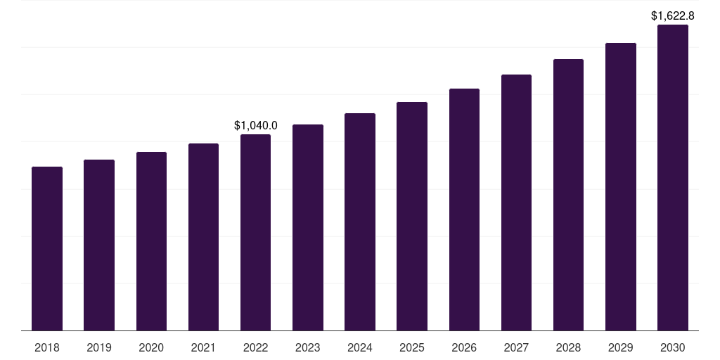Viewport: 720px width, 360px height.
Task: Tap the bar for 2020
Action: point(151,241)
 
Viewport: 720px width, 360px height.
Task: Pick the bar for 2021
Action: point(203,237)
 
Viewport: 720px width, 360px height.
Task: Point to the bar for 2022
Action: point(255,232)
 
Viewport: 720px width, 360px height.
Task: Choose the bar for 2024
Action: point(360,221)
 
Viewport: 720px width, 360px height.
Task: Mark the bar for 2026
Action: point(464,210)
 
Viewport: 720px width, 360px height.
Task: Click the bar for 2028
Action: point(568,195)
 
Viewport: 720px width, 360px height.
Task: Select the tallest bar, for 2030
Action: point(672,177)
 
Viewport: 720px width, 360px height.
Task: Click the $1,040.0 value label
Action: point(255,126)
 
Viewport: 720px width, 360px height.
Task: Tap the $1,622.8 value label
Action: point(673,15)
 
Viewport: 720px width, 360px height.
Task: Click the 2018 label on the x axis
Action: point(47,347)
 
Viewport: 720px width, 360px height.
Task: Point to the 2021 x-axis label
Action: point(203,347)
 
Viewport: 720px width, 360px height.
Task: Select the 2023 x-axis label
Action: point(308,347)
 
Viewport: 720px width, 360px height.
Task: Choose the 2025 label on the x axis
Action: point(412,347)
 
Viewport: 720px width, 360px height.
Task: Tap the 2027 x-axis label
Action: point(516,347)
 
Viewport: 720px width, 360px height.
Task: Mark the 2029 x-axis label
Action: point(620,347)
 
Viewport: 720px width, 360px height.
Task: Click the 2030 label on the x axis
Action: point(672,347)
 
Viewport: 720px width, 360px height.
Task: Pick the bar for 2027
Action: point(516,202)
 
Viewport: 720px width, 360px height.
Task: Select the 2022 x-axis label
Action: point(255,347)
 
